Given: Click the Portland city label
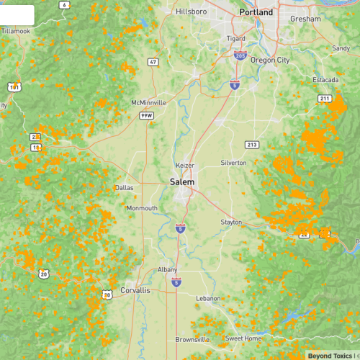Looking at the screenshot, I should click(x=256, y=12).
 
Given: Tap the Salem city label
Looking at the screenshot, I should click(x=181, y=183).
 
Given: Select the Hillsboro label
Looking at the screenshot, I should click(x=192, y=12).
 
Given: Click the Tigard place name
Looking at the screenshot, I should click(x=235, y=39).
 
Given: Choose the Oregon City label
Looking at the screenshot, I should click(x=269, y=60).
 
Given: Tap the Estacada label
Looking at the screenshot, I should click(x=325, y=79).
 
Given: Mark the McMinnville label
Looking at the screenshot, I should click(x=148, y=103).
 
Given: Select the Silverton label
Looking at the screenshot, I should click(x=233, y=163).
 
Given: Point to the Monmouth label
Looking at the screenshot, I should click(x=142, y=208).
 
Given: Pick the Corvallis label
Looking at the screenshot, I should click(x=135, y=290).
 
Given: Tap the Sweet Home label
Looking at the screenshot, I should click(x=243, y=338).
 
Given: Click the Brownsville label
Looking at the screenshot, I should click(x=192, y=339).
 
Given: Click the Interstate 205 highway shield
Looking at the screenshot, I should click(x=240, y=55).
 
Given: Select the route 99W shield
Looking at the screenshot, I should click(x=147, y=115).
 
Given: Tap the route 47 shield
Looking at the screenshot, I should click(x=153, y=63).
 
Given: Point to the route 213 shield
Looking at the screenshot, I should click(x=251, y=145).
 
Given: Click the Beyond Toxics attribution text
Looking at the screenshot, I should click(x=330, y=355).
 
